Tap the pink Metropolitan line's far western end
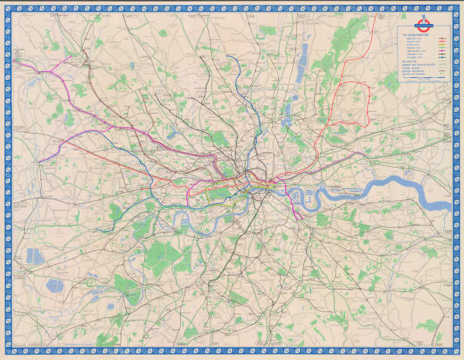[x=15, y=63]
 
